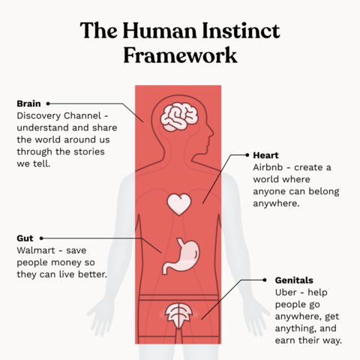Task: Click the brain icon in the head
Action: pos(179,118)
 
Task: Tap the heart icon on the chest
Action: pos(179,204)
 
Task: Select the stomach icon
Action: pos(181,256)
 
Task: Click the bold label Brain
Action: pos(28,103)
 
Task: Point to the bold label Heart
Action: pos(265,155)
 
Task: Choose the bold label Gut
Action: pos(25,238)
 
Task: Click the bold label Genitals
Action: pos(294,280)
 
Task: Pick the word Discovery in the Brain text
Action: pos(38,115)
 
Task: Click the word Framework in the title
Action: pos(180,55)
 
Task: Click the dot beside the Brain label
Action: pos(48,103)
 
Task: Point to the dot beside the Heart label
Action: pos(247,155)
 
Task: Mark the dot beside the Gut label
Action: pos(41,238)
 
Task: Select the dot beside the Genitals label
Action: pos(265,280)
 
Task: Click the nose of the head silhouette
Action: pos(212,132)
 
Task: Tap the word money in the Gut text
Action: pos(66,262)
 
